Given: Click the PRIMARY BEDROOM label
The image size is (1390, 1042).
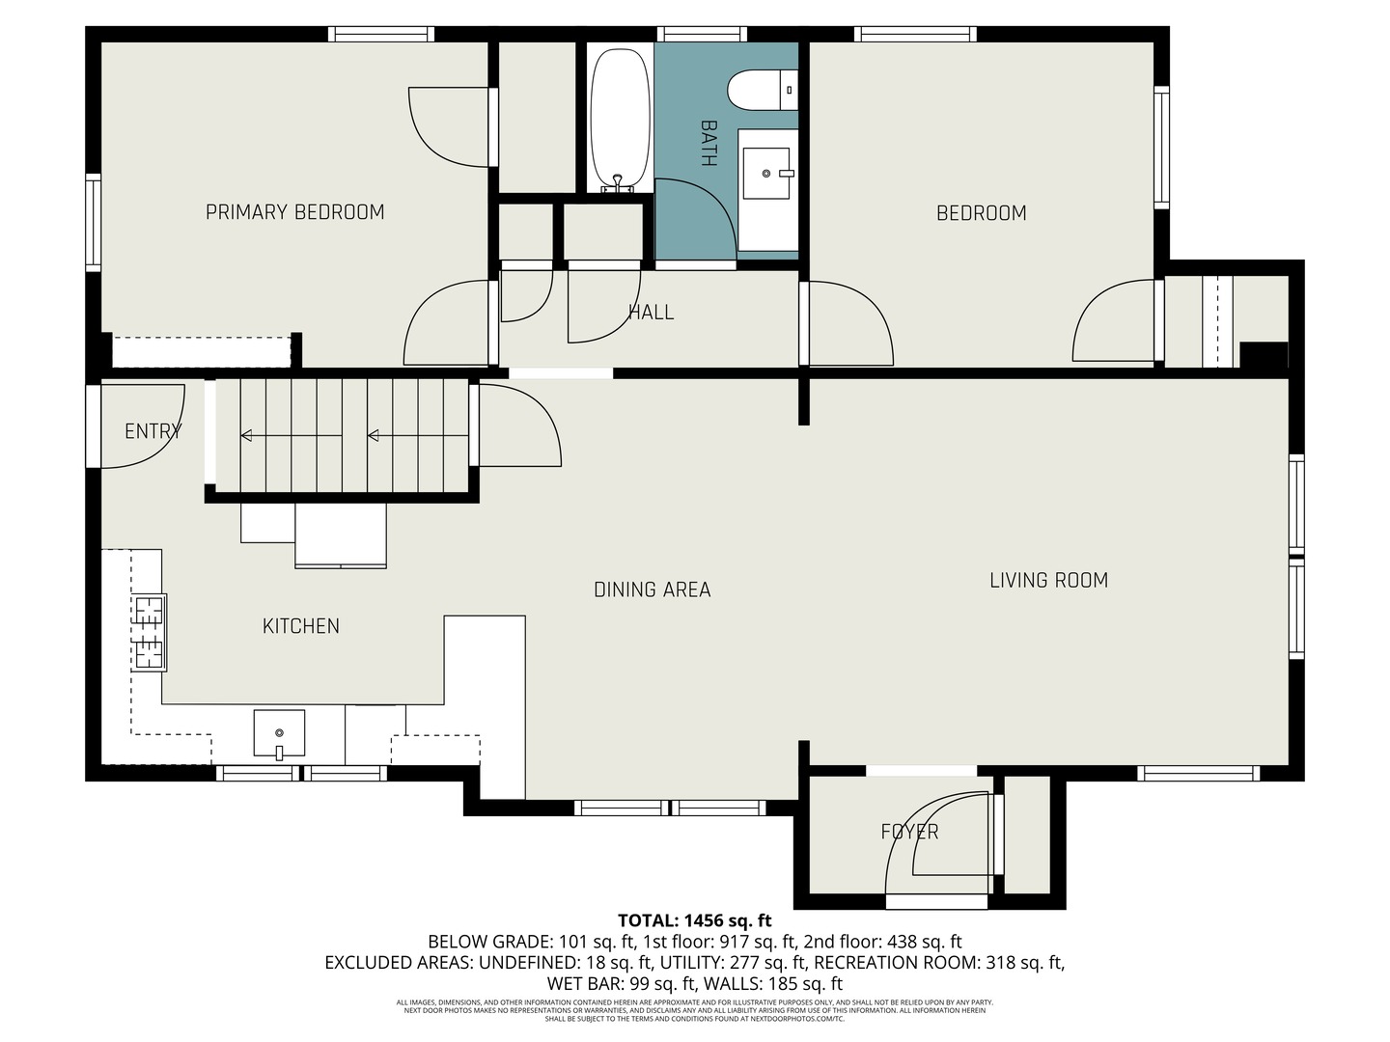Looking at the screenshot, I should pos(294,212).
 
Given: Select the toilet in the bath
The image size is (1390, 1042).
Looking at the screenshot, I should pos(762,91).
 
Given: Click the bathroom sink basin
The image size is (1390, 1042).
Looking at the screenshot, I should pos(766,174).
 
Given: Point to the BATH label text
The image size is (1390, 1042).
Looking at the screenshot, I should pos(708,143).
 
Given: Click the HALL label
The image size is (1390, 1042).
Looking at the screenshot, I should pos(651,312).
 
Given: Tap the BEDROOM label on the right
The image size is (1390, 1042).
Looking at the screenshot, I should pos(981,213).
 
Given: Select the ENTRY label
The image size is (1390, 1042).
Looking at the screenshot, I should pos(153,431).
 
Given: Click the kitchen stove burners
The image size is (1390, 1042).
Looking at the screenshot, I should pos(150,632).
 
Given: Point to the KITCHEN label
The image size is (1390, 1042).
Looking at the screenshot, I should pos(301,626).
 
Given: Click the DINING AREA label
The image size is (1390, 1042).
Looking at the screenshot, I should pos(652,590).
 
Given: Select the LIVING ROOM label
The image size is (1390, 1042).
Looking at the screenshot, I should pos(1048,580).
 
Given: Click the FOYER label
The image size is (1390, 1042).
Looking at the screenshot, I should pos(909,832).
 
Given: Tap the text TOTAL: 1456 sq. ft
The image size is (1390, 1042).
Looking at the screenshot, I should pos(694,920).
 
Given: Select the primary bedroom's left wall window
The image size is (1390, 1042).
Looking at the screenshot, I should pos(93,222).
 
